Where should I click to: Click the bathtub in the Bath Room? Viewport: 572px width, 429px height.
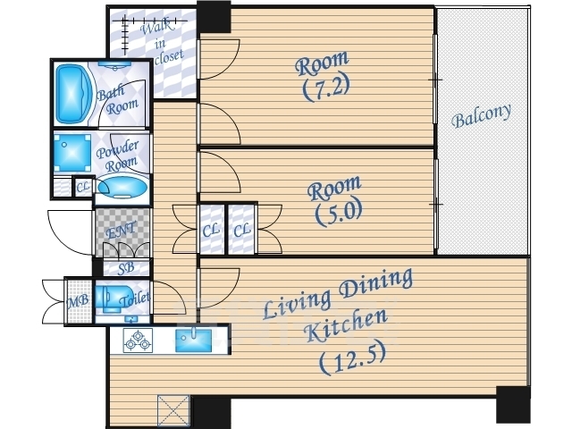click(74, 95)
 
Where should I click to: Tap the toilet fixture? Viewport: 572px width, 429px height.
click(108, 299)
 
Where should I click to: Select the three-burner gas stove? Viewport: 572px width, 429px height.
click(138, 341)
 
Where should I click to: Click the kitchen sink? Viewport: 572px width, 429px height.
click(193, 341)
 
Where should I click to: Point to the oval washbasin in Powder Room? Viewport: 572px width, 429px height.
click(122, 188)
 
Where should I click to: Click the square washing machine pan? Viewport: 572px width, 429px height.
click(72, 153)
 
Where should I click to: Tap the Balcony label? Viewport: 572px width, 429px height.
click(481, 115)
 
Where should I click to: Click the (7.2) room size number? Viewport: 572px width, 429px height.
click(326, 88)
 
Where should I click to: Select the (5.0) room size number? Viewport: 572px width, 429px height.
click(339, 214)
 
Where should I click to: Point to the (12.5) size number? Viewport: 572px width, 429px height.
click(353, 359)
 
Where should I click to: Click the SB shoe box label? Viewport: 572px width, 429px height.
click(126, 268)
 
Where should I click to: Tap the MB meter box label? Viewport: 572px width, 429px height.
click(78, 301)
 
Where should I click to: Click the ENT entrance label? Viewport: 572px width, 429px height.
click(120, 231)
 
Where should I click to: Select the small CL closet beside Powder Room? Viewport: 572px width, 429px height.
click(83, 187)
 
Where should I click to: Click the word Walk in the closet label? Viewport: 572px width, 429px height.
click(157, 28)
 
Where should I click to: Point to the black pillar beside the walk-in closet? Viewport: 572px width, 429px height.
click(214, 16)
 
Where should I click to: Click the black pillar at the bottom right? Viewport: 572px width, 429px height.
click(513, 404)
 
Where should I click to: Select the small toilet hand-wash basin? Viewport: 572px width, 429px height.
click(130, 320)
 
